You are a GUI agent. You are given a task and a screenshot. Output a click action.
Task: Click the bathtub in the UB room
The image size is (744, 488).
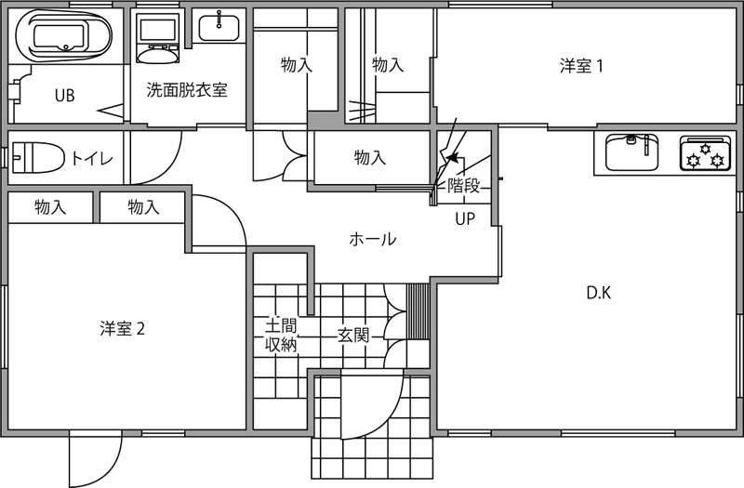(64, 35)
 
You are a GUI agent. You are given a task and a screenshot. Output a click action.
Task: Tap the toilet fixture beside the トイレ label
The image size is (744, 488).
(38, 157)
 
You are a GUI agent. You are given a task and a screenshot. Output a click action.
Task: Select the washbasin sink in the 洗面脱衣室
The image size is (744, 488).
(219, 28)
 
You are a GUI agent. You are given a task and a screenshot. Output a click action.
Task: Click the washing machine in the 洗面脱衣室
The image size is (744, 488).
(157, 38)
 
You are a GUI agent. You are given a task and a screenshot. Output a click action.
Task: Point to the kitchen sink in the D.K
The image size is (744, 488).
(632, 152)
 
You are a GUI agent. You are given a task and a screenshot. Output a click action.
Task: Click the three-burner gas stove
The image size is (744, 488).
(705, 152)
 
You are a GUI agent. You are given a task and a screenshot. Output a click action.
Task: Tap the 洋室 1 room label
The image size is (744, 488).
(581, 66)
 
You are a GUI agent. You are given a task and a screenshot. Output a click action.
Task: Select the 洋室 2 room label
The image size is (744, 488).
(123, 328)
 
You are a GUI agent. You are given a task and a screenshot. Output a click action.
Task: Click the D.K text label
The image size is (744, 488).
(599, 293)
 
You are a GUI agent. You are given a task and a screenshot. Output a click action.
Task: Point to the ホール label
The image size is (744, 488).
(373, 239)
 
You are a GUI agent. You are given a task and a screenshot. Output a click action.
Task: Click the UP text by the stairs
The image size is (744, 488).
(465, 218)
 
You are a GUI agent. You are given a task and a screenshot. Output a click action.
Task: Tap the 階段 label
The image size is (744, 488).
(463, 185)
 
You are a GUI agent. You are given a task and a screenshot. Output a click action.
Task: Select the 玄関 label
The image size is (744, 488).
(353, 336)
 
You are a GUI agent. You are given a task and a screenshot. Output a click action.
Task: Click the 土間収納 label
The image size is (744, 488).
(281, 336)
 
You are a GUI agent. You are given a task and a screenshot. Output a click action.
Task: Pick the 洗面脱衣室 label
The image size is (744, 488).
(187, 89)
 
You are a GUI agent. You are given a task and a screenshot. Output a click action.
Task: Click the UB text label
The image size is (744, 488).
(65, 96)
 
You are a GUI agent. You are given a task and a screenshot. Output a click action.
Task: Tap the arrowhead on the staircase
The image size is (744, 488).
(452, 156)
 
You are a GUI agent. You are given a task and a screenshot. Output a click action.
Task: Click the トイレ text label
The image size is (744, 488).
(92, 158)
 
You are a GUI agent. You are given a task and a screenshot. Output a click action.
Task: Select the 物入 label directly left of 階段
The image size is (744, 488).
(370, 157)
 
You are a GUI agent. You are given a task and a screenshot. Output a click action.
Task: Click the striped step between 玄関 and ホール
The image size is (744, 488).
(418, 311)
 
